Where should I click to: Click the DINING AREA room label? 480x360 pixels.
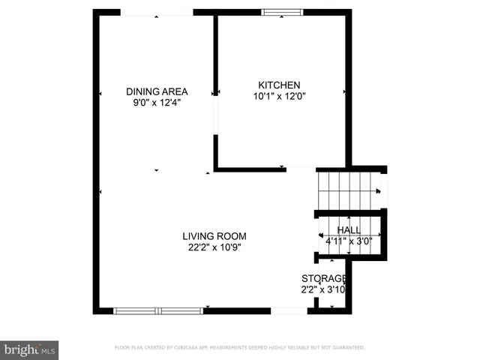[156, 92]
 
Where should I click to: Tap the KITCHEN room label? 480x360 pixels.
[279, 85]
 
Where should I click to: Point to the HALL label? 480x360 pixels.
[348, 230]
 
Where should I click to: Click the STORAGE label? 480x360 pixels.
[323, 278]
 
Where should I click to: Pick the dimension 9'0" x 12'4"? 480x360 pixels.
[156, 103]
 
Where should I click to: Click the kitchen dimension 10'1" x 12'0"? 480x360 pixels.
[279, 96]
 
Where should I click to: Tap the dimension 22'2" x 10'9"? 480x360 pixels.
[214, 247]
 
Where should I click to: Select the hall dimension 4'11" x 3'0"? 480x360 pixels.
[348, 241]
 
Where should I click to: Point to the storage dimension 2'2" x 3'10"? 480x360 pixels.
[323, 289]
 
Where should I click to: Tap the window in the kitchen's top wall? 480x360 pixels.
[282, 12]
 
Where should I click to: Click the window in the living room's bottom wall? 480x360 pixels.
[158, 310]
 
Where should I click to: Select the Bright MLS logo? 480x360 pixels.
[30, 349]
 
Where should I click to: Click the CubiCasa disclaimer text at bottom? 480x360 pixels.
[239, 348]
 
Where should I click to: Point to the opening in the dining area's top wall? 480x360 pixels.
[156, 12]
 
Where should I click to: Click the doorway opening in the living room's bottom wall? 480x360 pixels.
[289, 310]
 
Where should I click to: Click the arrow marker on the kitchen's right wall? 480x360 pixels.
[344, 91]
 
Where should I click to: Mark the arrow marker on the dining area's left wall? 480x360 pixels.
[100, 94]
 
